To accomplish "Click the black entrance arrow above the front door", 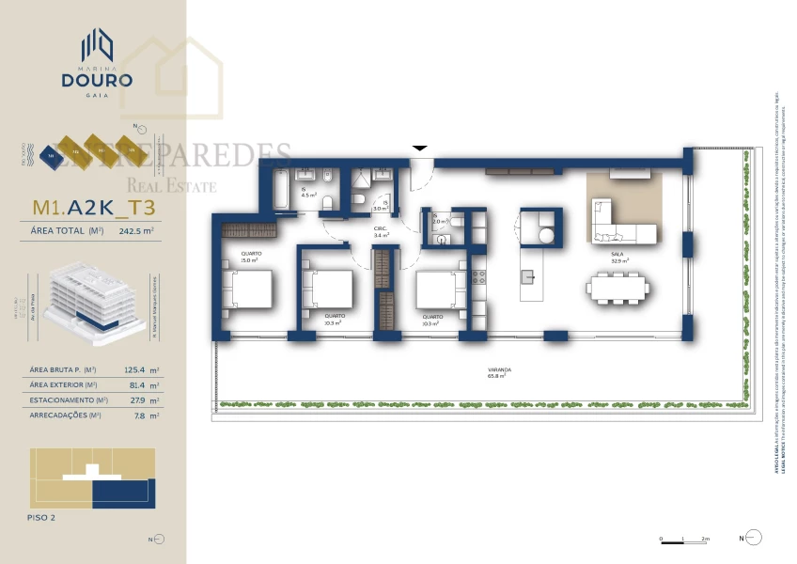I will coord(420,148).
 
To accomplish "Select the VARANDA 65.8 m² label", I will coord(499,372).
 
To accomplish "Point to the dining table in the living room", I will coord(617,288).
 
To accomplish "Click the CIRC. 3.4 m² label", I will coord(381,232).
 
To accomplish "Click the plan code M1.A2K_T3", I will coord(93,208).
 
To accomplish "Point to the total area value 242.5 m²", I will coord(136,228).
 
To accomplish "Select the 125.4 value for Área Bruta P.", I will coord(136,371).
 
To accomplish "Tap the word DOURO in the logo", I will coord(93,80).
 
